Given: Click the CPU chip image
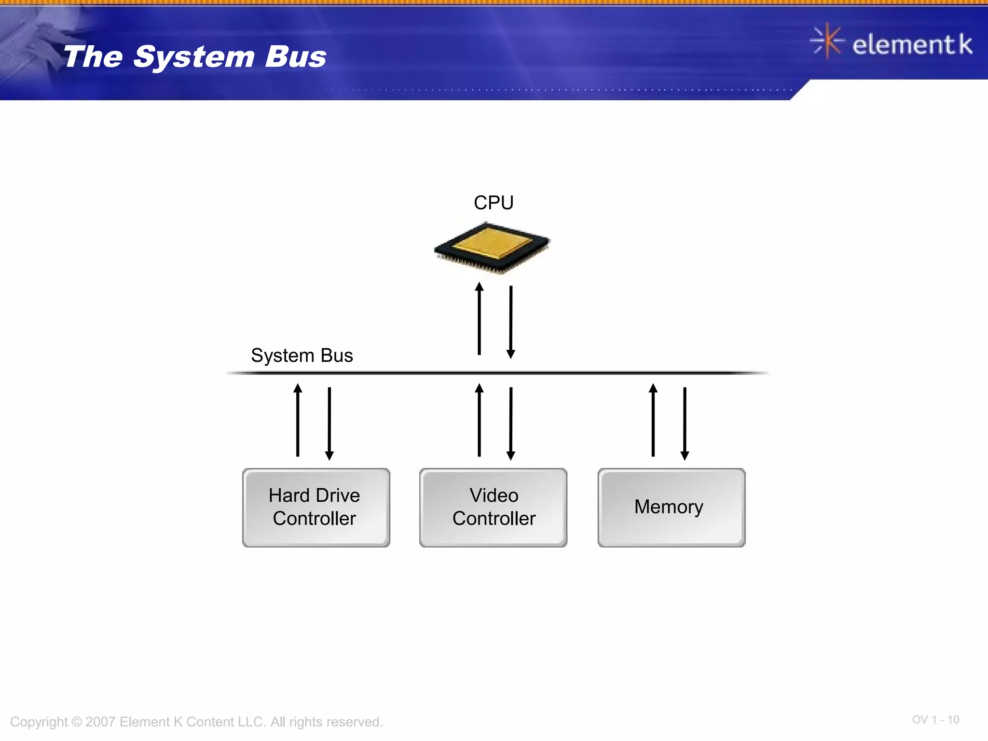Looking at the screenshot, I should click(x=491, y=247).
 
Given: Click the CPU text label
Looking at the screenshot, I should click(x=493, y=203).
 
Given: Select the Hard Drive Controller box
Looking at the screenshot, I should click(x=316, y=507).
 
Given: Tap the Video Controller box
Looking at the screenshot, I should click(x=493, y=507).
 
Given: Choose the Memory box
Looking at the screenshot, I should click(x=671, y=507).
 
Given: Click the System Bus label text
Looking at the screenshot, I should click(x=302, y=356).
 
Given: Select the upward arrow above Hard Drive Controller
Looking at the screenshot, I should click(x=298, y=420).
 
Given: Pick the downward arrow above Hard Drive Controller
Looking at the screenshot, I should click(x=329, y=423).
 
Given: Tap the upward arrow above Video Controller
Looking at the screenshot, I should click(x=479, y=420).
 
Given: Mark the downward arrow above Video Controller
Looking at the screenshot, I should click(x=511, y=423).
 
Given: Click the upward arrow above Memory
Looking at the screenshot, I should click(x=653, y=420).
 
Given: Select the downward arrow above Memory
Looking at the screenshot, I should click(x=685, y=423).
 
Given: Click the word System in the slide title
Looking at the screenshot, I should click(x=193, y=57).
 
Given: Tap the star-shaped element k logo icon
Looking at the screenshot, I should click(x=827, y=41).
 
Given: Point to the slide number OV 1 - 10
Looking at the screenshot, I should click(x=935, y=720).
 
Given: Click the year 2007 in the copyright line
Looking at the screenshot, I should click(x=100, y=722).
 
